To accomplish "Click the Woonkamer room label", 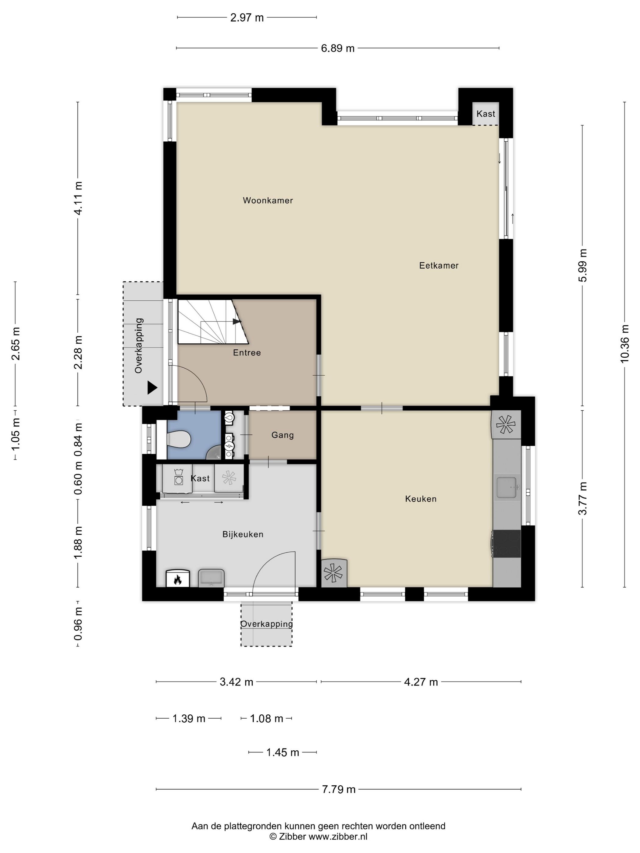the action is (268, 200).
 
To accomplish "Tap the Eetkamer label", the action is (439, 265).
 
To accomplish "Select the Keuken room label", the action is (421, 499).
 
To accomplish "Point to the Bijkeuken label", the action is (243, 534).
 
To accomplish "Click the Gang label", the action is (283, 435).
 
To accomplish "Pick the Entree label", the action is (247, 352).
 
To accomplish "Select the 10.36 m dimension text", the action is (624, 344).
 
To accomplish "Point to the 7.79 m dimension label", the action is (338, 789).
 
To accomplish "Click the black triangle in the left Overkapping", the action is (152, 388).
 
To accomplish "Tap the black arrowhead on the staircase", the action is (237, 321).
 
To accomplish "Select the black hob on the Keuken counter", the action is (507, 544).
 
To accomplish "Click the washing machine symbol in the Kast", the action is (178, 478).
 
